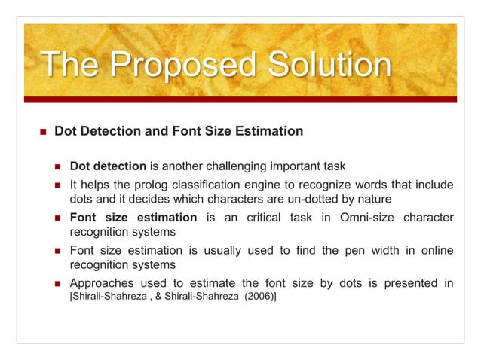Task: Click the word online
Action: (x=433, y=250)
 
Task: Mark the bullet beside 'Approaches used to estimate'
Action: (x=58, y=283)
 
